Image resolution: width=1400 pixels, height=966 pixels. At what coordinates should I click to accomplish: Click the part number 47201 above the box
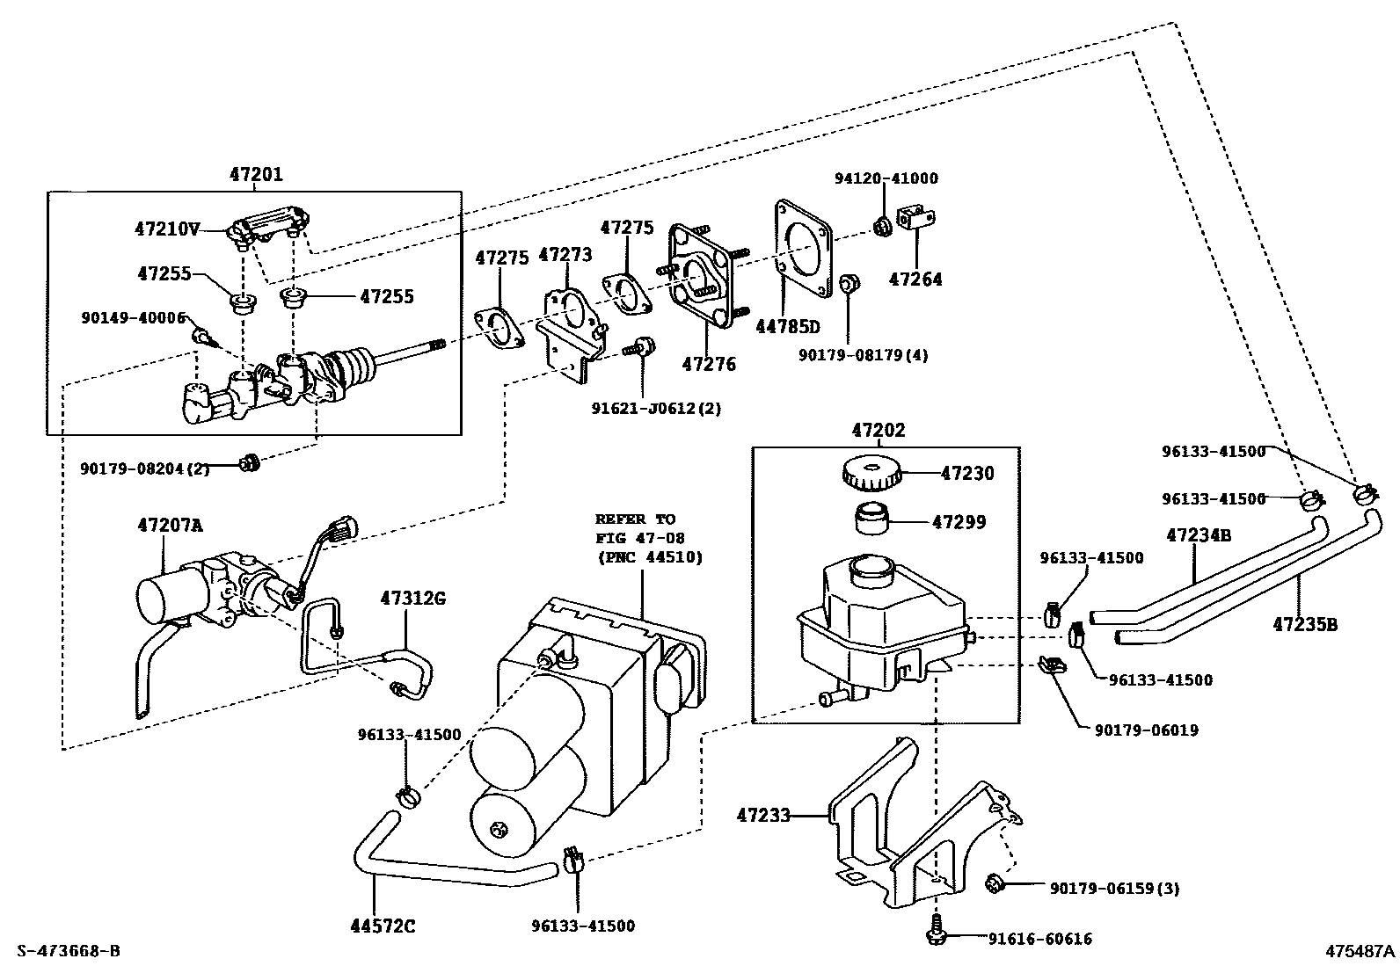coord(256,174)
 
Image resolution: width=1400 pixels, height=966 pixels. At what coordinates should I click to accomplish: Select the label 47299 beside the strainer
coord(959,522)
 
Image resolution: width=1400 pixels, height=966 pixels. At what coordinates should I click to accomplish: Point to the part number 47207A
coord(170,526)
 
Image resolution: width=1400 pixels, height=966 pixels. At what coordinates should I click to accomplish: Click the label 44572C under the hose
coord(383,926)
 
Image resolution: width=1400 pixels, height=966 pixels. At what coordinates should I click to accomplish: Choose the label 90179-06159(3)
coord(1114,888)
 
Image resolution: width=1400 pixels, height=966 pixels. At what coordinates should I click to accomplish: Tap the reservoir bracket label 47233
coord(763,815)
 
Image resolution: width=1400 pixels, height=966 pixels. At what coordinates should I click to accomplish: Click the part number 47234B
coord(1198,535)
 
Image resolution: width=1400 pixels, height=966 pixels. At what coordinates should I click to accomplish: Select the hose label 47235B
coord(1305,624)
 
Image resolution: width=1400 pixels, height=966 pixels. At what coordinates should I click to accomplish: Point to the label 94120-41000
coord(886,178)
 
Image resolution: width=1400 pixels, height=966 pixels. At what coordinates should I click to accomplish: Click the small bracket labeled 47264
coord(916,219)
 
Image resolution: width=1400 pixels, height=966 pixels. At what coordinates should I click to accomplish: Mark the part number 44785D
coord(788,326)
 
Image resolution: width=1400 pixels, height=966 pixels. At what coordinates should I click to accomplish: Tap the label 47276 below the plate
coord(709,364)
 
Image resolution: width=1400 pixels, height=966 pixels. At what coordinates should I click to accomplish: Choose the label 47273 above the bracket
coord(565,254)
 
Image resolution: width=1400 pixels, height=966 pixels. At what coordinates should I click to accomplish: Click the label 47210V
coord(167,229)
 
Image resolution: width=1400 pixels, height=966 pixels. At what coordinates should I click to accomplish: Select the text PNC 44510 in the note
coord(651,557)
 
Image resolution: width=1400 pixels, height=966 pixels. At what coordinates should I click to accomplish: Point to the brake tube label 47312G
coord(413,599)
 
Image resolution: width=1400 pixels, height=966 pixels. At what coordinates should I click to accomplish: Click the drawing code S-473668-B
coord(69,951)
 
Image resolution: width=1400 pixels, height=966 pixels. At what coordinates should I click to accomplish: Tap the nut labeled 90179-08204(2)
coord(250,463)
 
